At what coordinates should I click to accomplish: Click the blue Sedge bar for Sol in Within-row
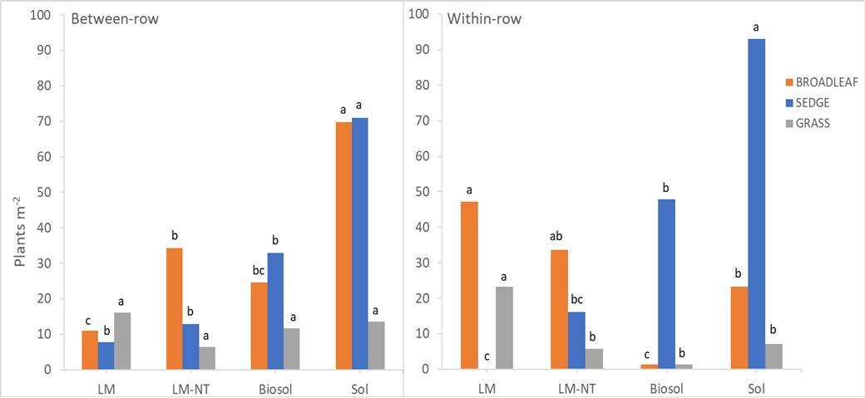coord(756,204)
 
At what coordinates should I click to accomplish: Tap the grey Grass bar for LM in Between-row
coord(122,341)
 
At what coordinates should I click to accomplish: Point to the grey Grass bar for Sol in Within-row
coord(774,356)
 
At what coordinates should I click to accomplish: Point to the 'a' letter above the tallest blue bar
coord(756,27)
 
